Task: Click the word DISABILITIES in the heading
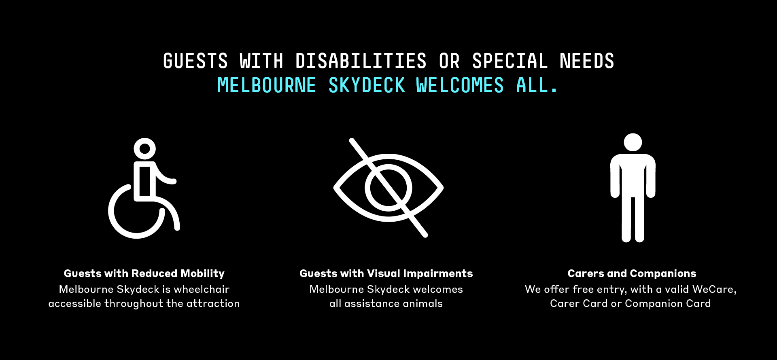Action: click(361, 61)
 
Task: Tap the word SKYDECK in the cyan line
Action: click(367, 86)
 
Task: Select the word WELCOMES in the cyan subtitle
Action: click(460, 86)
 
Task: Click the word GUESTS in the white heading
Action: click(195, 61)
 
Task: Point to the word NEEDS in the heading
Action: click(587, 61)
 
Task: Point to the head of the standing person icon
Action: click(633, 142)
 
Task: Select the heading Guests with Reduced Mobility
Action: click(144, 274)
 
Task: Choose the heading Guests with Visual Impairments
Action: click(386, 274)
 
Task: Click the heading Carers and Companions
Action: click(632, 274)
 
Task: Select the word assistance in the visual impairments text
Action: click(369, 303)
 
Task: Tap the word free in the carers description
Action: click(583, 289)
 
